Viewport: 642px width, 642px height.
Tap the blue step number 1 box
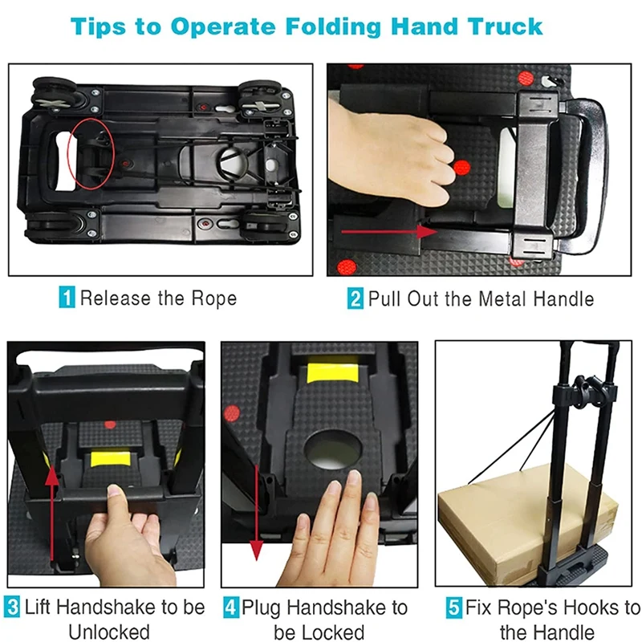pos(67,297)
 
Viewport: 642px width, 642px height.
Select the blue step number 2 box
pos(355,298)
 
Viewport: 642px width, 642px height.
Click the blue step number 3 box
pos(12,607)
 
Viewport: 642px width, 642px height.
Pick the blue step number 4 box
pos(231,607)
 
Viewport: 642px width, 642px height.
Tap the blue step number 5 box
pos(453,607)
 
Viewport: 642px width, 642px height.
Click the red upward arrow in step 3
pos(52,514)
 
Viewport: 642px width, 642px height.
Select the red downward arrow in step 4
pos(256,513)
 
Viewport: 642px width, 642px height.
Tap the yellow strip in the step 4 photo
pos(332,370)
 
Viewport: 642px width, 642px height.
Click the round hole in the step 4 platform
pos(332,449)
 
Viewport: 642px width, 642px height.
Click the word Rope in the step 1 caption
pos(214,298)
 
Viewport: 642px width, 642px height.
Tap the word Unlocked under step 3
pos(109,632)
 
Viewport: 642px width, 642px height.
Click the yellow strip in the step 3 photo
pos(110,459)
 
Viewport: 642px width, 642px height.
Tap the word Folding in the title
pos(333,27)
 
